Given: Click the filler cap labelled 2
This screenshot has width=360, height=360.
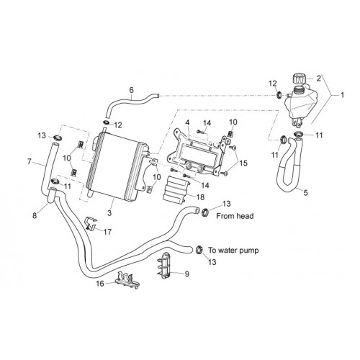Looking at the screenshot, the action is (x=299, y=78).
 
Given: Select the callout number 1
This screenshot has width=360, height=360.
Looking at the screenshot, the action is (x=343, y=95).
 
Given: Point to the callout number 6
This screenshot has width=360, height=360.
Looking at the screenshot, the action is (x=131, y=90).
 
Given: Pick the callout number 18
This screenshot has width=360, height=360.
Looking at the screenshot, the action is (x=200, y=197).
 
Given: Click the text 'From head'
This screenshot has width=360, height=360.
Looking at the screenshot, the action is (x=235, y=216).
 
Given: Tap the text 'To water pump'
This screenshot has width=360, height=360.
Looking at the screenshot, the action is (x=233, y=251).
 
